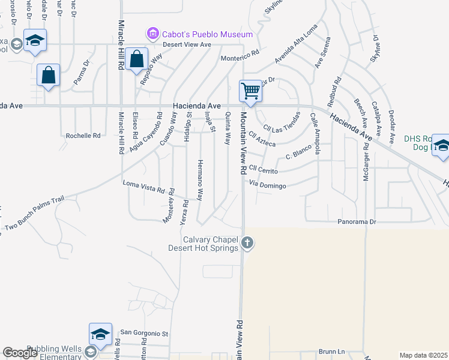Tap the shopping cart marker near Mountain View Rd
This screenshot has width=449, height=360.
tap(250, 91)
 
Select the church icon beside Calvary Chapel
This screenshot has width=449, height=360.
tap(247, 243)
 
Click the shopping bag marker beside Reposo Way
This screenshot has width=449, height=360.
tap(137, 59)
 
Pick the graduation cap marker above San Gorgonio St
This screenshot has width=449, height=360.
tap(100, 334)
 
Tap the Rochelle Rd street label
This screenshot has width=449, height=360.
tap(83, 136)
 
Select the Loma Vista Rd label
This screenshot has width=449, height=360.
tap(143, 187)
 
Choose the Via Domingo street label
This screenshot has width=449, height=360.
tap(267, 185)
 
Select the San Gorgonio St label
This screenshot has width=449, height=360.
tap(146, 333)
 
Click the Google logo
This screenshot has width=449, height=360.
tap(20, 353)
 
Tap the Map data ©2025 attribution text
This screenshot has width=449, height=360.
tap(423, 355)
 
